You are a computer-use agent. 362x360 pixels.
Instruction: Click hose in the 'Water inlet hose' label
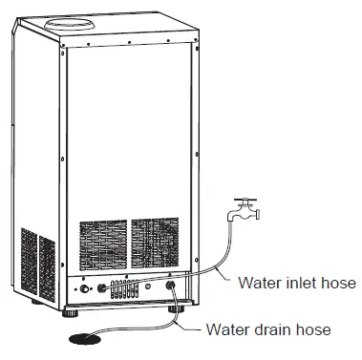tap(338, 283)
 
